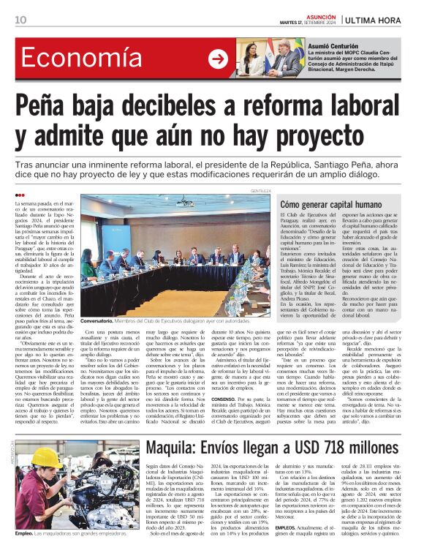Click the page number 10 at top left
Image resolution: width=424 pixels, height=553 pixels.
pos(21,20)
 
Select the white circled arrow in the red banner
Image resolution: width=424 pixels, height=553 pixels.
pos(218,59)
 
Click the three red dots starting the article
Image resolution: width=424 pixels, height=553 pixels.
pos(20,195)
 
